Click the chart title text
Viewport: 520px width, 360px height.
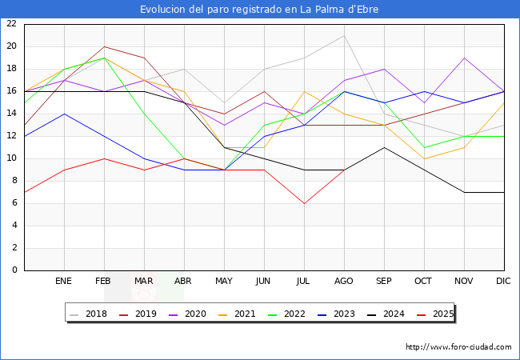click(x=259, y=10)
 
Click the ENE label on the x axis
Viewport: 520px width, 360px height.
click(x=64, y=282)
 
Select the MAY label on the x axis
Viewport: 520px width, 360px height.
click(x=224, y=282)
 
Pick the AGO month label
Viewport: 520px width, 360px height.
click(x=344, y=282)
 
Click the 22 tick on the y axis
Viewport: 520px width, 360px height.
click(x=11, y=24)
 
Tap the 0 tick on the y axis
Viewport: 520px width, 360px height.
click(x=14, y=270)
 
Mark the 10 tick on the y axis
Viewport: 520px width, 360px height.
click(x=11, y=158)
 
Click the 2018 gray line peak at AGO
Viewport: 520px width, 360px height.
click(x=344, y=35)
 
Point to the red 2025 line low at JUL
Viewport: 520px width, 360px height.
click(x=304, y=203)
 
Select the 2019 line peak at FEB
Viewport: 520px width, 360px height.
click(x=104, y=46)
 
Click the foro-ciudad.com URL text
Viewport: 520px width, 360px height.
click(x=458, y=347)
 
